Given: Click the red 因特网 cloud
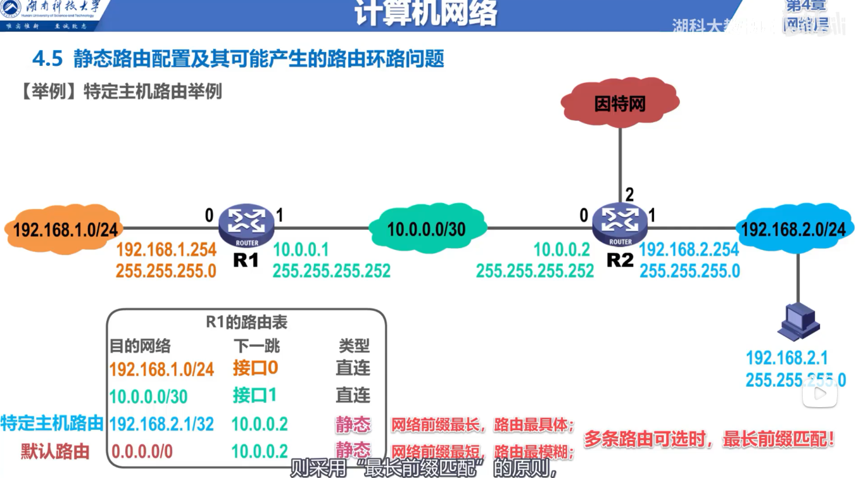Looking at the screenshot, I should tap(619, 103).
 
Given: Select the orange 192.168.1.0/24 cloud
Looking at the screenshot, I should tap(65, 229).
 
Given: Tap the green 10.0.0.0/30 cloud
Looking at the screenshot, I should tap(427, 229).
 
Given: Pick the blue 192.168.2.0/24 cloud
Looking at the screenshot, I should tap(793, 229).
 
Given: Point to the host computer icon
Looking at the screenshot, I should tap(799, 322).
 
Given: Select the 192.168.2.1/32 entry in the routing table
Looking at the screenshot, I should tap(161, 424).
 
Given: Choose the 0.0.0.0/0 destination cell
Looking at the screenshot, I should tap(142, 451).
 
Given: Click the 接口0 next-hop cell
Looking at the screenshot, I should tap(255, 368).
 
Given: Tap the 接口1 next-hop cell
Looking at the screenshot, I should tap(255, 396).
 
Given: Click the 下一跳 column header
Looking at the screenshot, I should tap(256, 346).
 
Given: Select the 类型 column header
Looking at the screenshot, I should tap(353, 346).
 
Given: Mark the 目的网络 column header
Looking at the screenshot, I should tap(140, 346).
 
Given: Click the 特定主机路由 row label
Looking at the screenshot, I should tap(52, 424).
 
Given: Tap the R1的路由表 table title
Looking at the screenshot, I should tap(246, 322).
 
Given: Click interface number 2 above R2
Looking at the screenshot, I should tap(629, 194).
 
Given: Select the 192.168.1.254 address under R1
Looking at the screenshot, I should tap(166, 250).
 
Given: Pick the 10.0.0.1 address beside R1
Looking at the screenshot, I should tap(301, 250).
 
